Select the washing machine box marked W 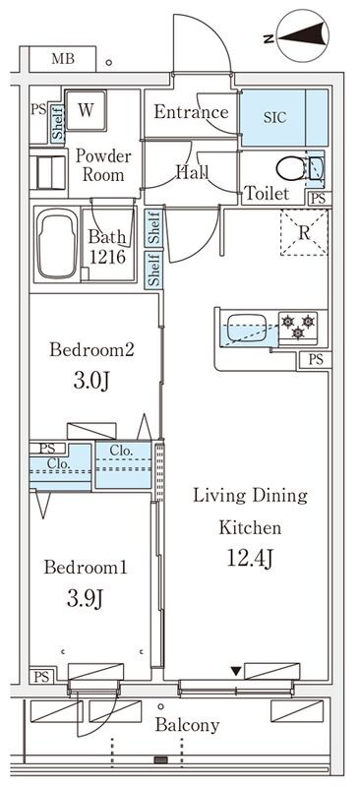pyautogui.click(x=87, y=109)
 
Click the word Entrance pyautogui.click(x=191, y=111)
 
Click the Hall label pyautogui.click(x=191, y=172)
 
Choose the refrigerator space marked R pyautogui.click(x=305, y=234)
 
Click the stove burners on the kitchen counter pyautogui.click(x=298, y=327)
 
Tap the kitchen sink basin pyautogui.click(x=247, y=328)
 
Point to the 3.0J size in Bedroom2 pyautogui.click(x=86, y=382)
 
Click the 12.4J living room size pyautogui.click(x=250, y=560)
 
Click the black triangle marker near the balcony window pyautogui.click(x=234, y=671)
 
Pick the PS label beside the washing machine pyautogui.click(x=37, y=109)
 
